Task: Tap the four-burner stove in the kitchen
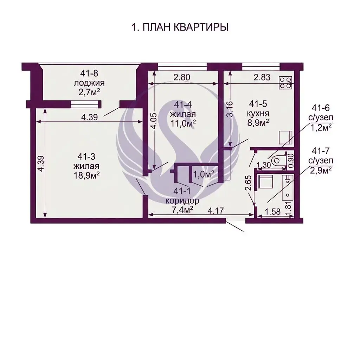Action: tap(286, 83)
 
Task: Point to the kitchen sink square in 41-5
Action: tap(285, 137)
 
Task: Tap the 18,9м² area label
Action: tap(86, 175)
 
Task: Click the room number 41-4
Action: tap(183, 105)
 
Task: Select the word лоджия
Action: tap(89, 83)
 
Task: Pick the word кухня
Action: tap(258, 114)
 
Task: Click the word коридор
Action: tap(182, 201)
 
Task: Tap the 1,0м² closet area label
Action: tap(204, 174)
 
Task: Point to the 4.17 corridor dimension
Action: tap(216, 211)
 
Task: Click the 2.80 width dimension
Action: tap(182, 77)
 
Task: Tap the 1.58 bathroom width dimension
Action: tap(272, 211)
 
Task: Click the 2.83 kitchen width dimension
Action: tap(262, 77)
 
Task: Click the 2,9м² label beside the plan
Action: tap(321, 171)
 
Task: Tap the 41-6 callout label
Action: tap(321, 108)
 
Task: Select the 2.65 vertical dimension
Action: tap(249, 183)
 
